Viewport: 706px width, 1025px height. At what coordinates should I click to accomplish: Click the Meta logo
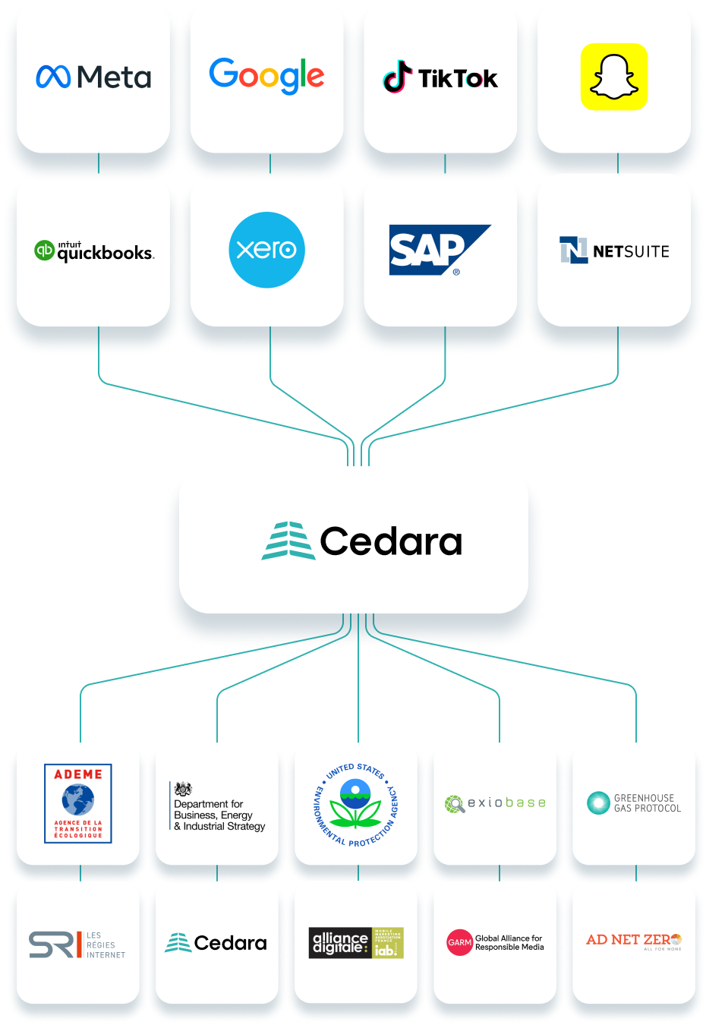(x=93, y=77)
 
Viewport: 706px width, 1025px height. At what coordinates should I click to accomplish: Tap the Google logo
(x=266, y=75)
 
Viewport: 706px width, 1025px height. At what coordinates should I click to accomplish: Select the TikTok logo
(x=440, y=77)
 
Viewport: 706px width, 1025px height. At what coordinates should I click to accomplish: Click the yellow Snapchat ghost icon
(x=614, y=77)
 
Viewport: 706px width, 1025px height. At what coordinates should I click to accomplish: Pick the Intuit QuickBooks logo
(x=94, y=251)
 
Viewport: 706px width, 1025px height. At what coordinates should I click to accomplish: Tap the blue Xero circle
(x=266, y=250)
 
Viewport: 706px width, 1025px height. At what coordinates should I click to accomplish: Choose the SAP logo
(x=439, y=250)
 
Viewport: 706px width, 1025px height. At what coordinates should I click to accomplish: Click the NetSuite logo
(x=614, y=251)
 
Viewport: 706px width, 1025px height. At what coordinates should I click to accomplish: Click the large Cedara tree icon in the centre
(x=288, y=541)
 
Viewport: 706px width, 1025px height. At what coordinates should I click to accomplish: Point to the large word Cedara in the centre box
(x=391, y=541)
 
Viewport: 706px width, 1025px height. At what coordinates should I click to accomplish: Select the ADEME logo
(x=78, y=803)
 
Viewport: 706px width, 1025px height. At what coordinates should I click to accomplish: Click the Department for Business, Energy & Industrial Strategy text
(x=219, y=815)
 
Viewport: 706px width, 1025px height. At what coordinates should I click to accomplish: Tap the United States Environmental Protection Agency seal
(x=356, y=805)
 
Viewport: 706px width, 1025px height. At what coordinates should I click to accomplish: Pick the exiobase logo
(x=495, y=803)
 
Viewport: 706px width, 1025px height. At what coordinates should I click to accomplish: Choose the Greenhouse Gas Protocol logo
(x=634, y=803)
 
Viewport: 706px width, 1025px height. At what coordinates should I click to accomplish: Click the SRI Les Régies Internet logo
(x=77, y=945)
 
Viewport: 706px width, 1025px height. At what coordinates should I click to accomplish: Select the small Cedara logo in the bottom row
(x=216, y=943)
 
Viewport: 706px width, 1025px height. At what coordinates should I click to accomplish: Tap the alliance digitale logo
(x=356, y=943)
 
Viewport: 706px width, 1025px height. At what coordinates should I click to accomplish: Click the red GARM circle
(x=459, y=942)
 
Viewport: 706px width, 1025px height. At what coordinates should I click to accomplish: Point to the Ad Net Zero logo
(x=634, y=941)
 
